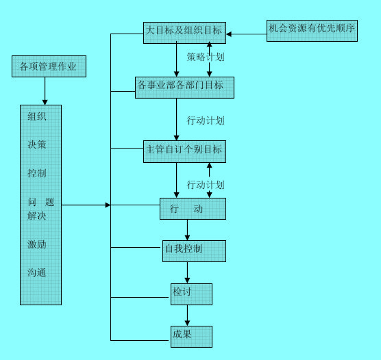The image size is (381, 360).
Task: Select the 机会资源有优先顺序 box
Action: [x=312, y=31]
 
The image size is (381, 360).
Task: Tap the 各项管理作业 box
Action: [x=49, y=67]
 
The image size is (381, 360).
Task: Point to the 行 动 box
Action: [x=193, y=209]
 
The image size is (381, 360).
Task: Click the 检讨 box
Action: [x=191, y=294]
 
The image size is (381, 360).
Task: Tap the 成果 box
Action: [x=191, y=336]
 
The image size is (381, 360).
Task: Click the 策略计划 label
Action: [x=206, y=57]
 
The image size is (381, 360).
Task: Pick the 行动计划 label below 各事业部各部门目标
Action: [x=206, y=120]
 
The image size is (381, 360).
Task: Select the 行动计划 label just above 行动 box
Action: [x=206, y=185]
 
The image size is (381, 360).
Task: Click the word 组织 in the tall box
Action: [x=37, y=116]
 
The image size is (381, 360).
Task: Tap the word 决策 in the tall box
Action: [x=37, y=145]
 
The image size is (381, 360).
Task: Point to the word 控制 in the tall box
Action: [x=37, y=174]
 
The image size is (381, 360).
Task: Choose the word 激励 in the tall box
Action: [x=37, y=244]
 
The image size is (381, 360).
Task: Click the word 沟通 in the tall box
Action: [x=37, y=273]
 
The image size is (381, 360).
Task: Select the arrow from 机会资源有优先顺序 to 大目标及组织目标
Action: [x=246, y=33]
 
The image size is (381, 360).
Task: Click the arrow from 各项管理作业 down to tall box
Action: [x=45, y=90]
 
